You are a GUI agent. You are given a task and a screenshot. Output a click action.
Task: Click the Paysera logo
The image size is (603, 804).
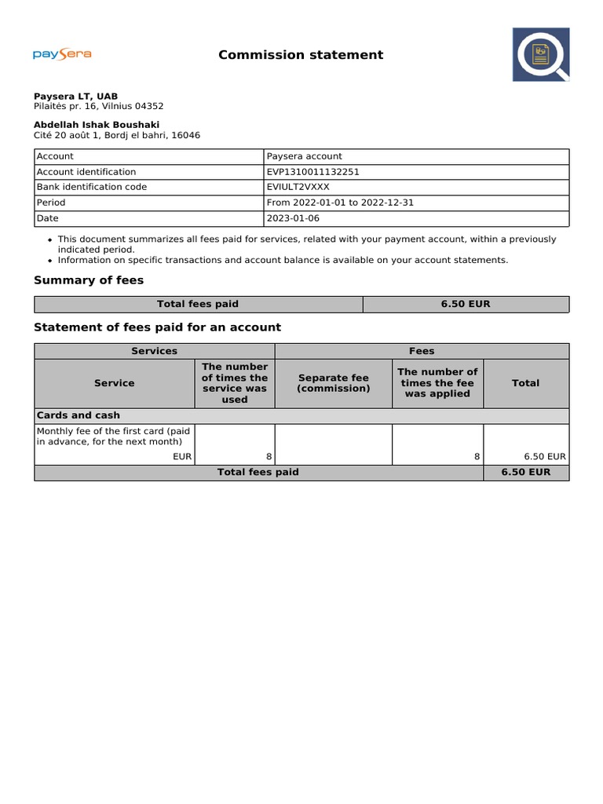(62, 54)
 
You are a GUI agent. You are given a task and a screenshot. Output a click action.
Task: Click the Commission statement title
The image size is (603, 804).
(301, 55)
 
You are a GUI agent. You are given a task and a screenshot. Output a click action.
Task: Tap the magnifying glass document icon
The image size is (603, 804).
(541, 54)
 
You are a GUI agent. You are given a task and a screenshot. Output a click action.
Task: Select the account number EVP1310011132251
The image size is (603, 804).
(313, 172)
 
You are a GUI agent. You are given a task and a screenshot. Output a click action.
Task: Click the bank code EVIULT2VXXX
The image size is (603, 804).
(298, 187)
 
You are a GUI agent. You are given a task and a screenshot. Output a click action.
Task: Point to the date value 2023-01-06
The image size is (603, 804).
(293, 218)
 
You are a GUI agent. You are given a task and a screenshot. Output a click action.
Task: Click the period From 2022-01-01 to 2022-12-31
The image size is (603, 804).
(340, 203)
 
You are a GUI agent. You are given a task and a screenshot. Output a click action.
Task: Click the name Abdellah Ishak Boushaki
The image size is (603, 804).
(97, 125)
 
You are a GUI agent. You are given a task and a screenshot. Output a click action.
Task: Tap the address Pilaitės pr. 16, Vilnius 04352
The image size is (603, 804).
(99, 106)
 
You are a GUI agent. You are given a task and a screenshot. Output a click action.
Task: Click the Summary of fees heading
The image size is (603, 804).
(89, 280)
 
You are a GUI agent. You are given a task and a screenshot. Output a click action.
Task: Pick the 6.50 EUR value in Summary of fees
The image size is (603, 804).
(466, 304)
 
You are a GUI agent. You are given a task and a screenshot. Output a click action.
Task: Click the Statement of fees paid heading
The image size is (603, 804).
(157, 327)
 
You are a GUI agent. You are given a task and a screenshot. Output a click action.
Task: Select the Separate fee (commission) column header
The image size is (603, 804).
(333, 383)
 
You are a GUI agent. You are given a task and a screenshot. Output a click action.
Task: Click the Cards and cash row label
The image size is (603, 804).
(79, 415)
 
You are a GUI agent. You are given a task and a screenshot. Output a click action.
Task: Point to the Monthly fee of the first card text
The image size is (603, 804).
(114, 436)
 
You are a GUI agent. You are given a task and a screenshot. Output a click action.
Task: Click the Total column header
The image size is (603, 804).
(525, 383)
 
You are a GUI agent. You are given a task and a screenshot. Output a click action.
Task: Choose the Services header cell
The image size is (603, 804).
(154, 351)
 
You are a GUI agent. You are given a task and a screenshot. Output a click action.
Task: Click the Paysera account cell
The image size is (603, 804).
(305, 156)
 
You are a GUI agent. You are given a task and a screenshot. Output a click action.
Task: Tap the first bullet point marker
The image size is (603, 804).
(50, 239)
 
